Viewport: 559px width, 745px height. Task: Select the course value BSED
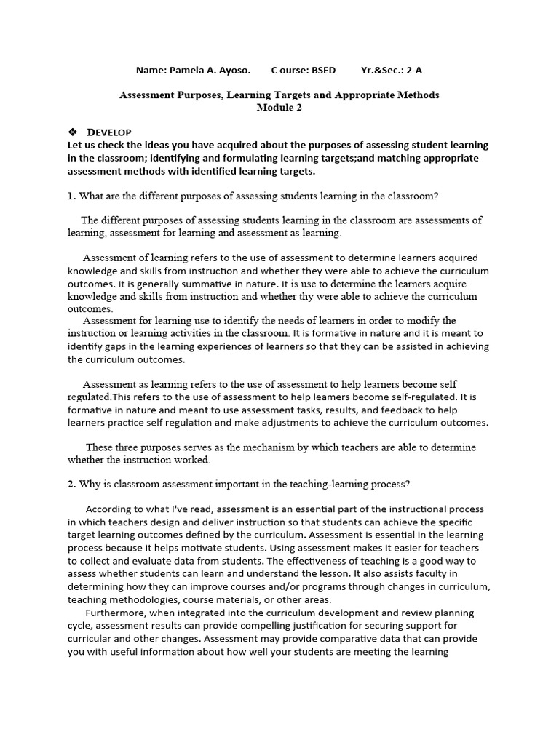click(x=323, y=71)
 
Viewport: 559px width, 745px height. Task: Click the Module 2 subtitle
click(x=279, y=108)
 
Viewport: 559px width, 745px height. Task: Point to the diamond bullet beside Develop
click(x=72, y=132)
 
